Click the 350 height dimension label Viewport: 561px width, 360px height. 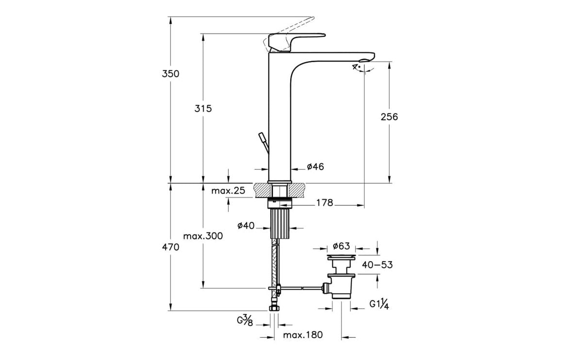point(170,74)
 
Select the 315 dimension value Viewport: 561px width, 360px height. point(203,109)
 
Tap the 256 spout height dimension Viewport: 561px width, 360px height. point(389,117)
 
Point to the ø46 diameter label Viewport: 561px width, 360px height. point(315,167)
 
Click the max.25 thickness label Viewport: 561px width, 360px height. point(228,191)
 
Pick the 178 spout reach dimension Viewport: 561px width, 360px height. point(325,203)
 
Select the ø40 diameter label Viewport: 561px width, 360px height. point(246,226)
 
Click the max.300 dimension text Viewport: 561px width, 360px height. point(203,236)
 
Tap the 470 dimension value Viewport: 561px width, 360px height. point(170,247)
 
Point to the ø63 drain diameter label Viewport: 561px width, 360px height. point(342,246)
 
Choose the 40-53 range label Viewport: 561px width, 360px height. point(377,265)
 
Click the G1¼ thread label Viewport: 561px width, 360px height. point(379,305)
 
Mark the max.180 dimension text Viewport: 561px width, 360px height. point(303,335)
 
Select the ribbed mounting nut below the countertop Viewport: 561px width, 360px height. point(280,224)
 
